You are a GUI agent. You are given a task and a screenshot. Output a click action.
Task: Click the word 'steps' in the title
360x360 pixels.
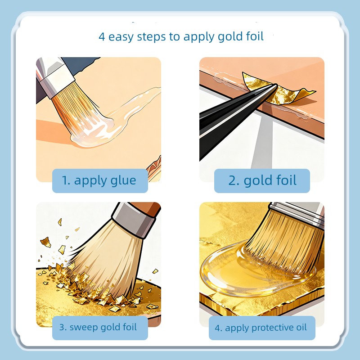pyautogui.click(x=151, y=37)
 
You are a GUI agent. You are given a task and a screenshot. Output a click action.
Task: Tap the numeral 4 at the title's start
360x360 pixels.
pyautogui.click(x=102, y=37)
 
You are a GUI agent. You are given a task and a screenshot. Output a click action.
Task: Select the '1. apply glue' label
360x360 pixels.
pyautogui.click(x=100, y=181)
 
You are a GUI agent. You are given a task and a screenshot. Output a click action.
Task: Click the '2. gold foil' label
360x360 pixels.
pyautogui.click(x=262, y=181)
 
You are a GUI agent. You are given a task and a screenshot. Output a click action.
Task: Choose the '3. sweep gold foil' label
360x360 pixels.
pyautogui.click(x=100, y=328)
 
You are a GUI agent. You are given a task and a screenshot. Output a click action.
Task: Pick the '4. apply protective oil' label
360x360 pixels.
pyautogui.click(x=262, y=328)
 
